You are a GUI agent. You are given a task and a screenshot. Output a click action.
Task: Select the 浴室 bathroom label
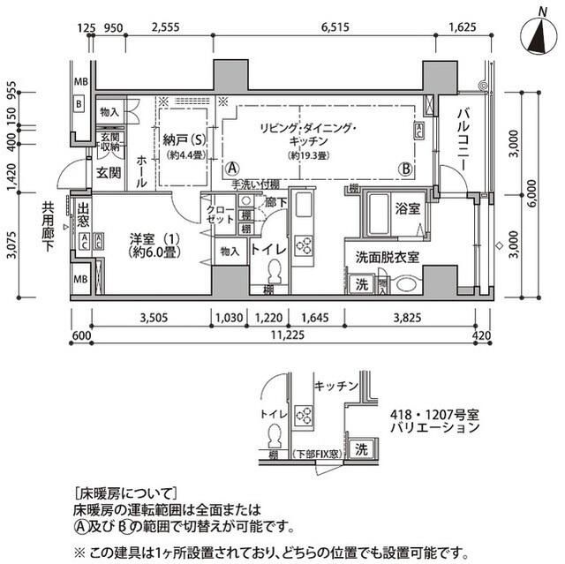(407, 210)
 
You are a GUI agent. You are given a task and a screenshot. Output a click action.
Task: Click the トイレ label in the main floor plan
(268, 250)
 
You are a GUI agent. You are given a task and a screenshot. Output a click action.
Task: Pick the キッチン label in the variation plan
(335, 386)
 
